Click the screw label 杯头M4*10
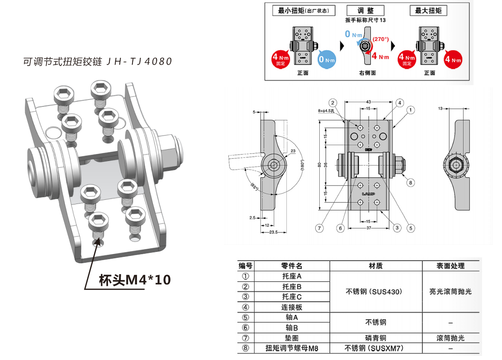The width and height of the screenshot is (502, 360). click(x=135, y=280)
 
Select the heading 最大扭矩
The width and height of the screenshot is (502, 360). click(x=428, y=10)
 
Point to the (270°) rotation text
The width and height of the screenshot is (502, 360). click(x=380, y=39)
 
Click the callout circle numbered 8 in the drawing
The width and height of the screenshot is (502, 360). click(x=411, y=183)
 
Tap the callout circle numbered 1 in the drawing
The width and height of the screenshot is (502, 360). click(x=411, y=109)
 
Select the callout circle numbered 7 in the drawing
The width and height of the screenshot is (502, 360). click(x=320, y=228)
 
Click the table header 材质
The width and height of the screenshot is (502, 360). click(x=376, y=266)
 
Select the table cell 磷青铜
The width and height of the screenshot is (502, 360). click(x=376, y=338)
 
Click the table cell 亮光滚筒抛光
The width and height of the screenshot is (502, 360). click(x=450, y=292)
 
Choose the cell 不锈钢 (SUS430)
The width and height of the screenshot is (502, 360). click(x=376, y=292)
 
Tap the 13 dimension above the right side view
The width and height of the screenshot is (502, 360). click(x=440, y=109)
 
